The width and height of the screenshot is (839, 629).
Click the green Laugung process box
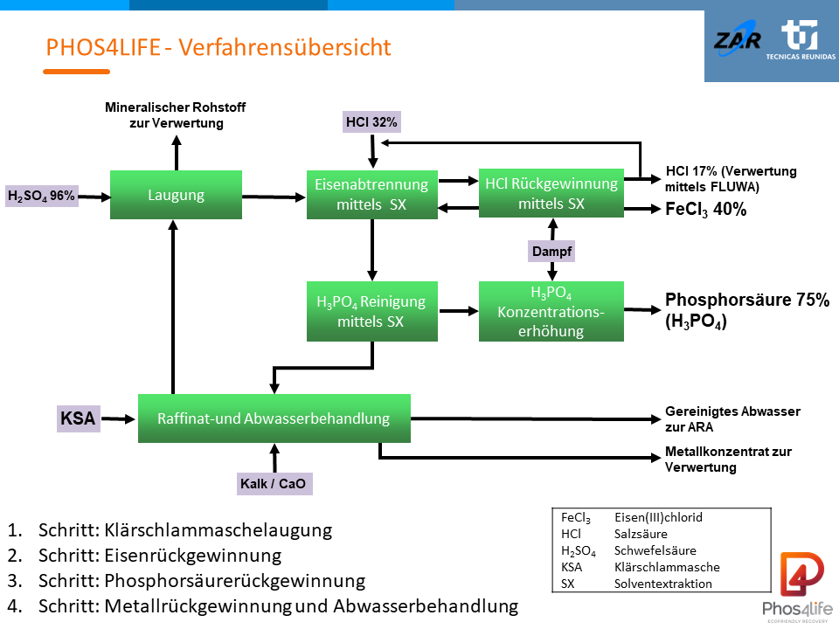point(176,195)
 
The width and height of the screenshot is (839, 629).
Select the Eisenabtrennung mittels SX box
point(371,195)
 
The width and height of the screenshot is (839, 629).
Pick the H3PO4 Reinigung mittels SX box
point(371,311)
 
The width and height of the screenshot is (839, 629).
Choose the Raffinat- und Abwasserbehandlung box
point(274,418)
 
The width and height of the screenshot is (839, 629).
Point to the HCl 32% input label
point(371,122)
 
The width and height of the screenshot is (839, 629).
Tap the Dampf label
point(551,251)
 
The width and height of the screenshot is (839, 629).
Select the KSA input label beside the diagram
point(77,418)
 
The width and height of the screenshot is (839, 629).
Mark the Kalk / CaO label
point(274,483)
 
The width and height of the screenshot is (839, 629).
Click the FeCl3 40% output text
point(706,210)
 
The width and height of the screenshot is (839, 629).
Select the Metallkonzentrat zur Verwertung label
point(728,460)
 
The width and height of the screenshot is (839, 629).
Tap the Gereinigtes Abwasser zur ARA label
point(732,419)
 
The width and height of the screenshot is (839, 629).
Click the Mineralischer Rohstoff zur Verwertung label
point(176,115)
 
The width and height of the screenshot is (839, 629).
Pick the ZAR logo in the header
point(737,40)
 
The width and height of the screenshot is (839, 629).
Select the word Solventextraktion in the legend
point(663,584)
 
